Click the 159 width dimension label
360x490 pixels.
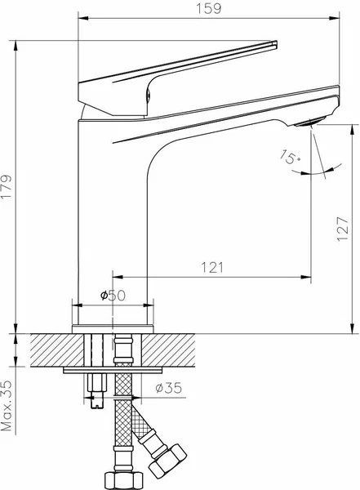coord(208,8)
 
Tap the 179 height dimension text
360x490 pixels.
coord(7,186)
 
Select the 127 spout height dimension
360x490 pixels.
coord(343,229)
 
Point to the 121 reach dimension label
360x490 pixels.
coord(212,268)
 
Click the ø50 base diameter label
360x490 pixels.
coord(113,295)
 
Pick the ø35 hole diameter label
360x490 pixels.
coord(168,388)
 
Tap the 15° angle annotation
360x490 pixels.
coord(291,157)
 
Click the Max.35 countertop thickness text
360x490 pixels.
coord(7,406)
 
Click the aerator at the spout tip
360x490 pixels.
coord(309,121)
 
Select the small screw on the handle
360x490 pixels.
coord(149,94)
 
